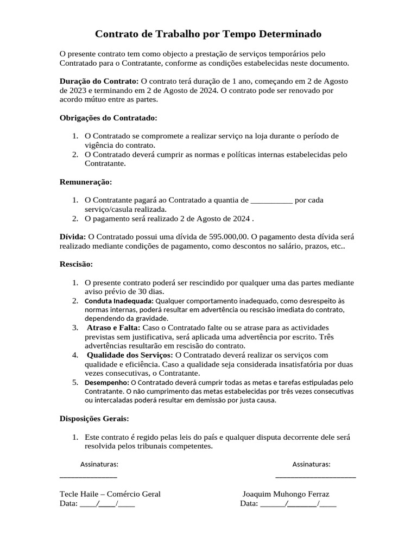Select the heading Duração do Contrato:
(99, 81)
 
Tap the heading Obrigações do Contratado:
(108, 117)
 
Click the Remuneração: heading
(86, 182)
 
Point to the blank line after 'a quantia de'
(272, 200)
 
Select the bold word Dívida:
(73, 237)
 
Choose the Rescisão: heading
(76, 264)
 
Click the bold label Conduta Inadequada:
(119, 301)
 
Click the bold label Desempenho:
(106, 382)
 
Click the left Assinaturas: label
(99, 464)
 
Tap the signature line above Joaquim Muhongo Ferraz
(315, 476)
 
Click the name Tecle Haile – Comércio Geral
(110, 494)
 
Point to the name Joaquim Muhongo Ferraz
(286, 494)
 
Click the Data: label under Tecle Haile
(69, 503)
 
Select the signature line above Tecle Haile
(88, 476)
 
